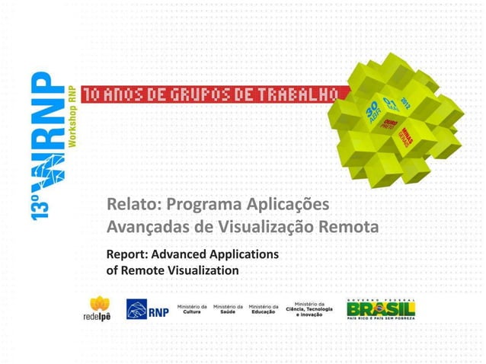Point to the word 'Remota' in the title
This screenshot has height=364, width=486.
pyautogui.click(x=353, y=228)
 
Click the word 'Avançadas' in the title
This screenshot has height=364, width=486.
pyautogui.click(x=145, y=228)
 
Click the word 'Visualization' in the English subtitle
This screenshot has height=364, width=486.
pyautogui.click(x=201, y=270)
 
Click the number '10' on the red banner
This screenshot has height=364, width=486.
pyautogui.click(x=91, y=95)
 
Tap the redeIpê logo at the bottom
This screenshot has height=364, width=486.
pyautogui.click(x=99, y=309)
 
